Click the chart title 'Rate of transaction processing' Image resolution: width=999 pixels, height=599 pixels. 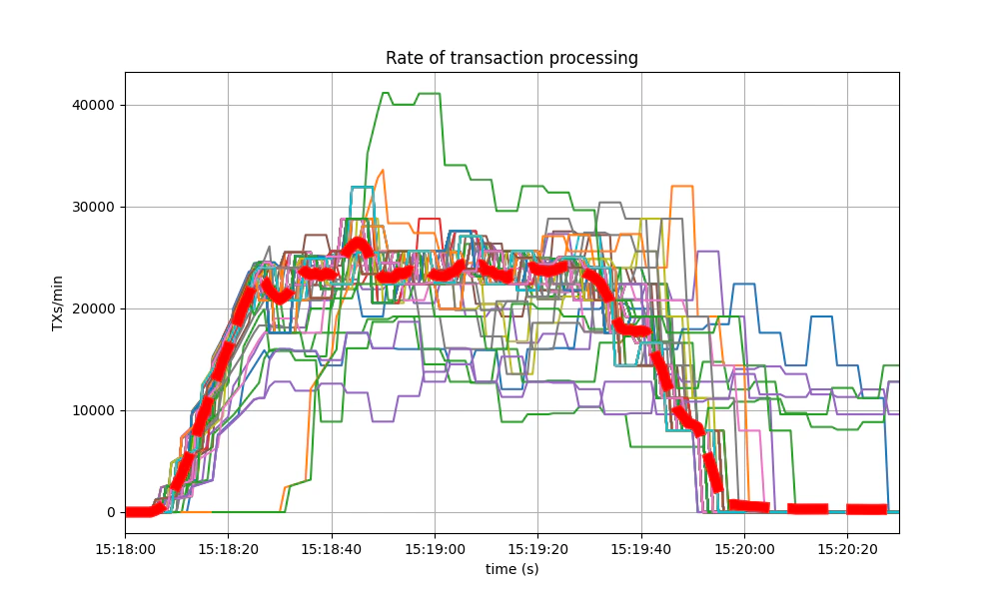tap(511, 58)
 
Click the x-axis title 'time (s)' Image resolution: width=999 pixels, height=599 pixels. tap(511, 568)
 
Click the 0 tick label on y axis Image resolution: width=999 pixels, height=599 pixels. tap(110, 512)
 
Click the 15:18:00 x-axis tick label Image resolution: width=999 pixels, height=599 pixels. tap(125, 547)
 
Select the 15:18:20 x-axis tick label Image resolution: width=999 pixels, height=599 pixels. tap(228, 547)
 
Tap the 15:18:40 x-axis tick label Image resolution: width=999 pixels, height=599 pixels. tap(332, 547)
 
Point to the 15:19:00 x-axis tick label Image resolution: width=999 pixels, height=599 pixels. tap(435, 547)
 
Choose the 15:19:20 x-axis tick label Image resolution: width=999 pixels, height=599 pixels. tap(537, 547)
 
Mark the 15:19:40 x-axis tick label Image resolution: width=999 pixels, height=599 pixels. tap(641, 547)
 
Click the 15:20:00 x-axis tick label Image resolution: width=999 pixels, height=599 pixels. tap(744, 547)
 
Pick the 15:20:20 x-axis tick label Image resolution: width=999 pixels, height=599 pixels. tap(847, 547)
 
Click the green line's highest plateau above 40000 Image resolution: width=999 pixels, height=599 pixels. tap(430, 94)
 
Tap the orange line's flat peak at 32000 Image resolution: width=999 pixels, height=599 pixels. tap(682, 186)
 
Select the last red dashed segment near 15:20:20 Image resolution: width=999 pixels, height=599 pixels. tap(866, 509)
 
